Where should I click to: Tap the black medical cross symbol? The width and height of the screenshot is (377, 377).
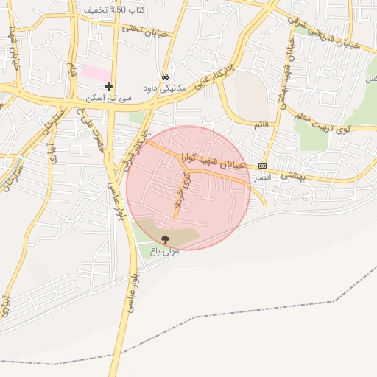(x=108, y=86)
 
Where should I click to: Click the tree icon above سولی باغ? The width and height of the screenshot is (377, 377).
(x=164, y=239)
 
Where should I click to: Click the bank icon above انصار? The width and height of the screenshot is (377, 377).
(x=262, y=166)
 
